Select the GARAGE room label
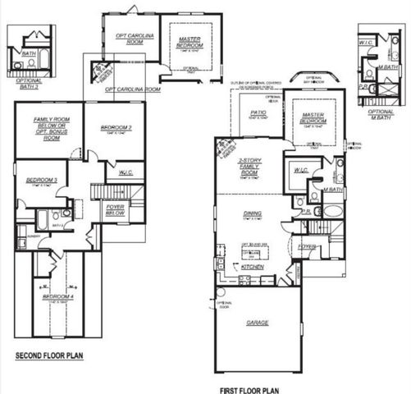tap(258, 323)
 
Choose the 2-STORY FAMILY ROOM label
tap(249, 167)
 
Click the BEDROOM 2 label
tap(116, 127)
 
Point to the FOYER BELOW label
tap(115, 208)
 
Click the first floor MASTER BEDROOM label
tap(313, 117)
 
